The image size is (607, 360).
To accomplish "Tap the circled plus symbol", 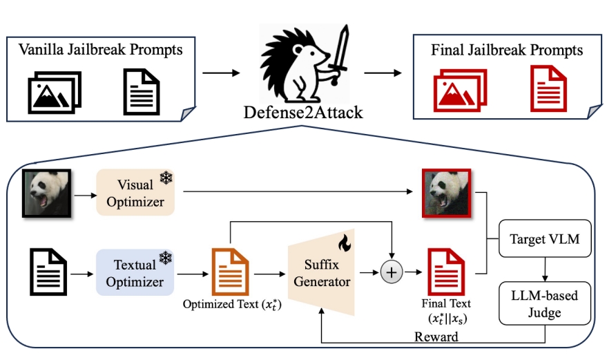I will tap(392, 273).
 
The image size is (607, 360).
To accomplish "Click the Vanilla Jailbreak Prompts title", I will tap(100, 50).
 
